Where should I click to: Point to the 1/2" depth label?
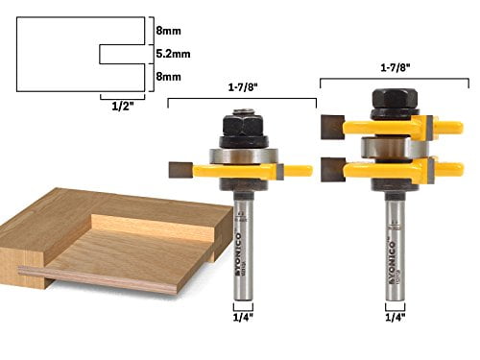coord(113,108)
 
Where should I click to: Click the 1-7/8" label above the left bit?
coord(242,88)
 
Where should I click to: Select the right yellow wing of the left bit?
coord(294,171)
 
